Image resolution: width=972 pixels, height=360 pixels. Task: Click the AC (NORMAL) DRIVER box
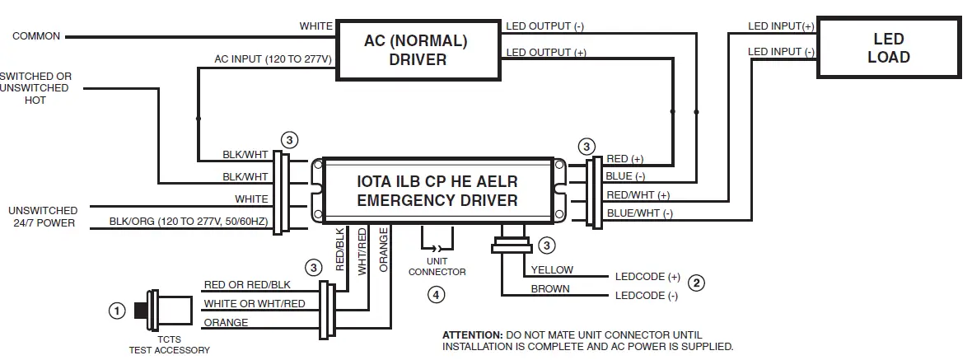coord(417,50)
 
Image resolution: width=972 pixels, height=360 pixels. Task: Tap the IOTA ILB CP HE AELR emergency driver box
coord(437,190)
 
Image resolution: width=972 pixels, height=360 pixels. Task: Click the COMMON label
coord(36,36)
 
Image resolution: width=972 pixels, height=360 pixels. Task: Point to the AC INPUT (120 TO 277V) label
coord(273,59)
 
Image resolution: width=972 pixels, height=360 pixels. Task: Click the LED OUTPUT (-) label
coord(544,26)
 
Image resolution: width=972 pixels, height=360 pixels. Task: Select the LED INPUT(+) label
coord(780,26)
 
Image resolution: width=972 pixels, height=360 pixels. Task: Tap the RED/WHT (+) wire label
coord(638,195)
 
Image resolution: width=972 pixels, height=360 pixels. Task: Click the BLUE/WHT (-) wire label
coord(639,213)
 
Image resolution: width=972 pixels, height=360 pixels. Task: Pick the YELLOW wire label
coord(552,269)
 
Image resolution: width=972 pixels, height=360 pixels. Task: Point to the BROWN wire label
coord(549,289)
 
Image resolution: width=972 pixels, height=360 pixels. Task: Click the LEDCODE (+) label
coord(647,277)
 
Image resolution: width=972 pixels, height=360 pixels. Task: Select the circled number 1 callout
coord(117,311)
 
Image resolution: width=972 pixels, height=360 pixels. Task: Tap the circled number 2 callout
coord(696,283)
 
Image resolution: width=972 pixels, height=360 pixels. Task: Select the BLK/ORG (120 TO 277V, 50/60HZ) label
coord(189,222)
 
